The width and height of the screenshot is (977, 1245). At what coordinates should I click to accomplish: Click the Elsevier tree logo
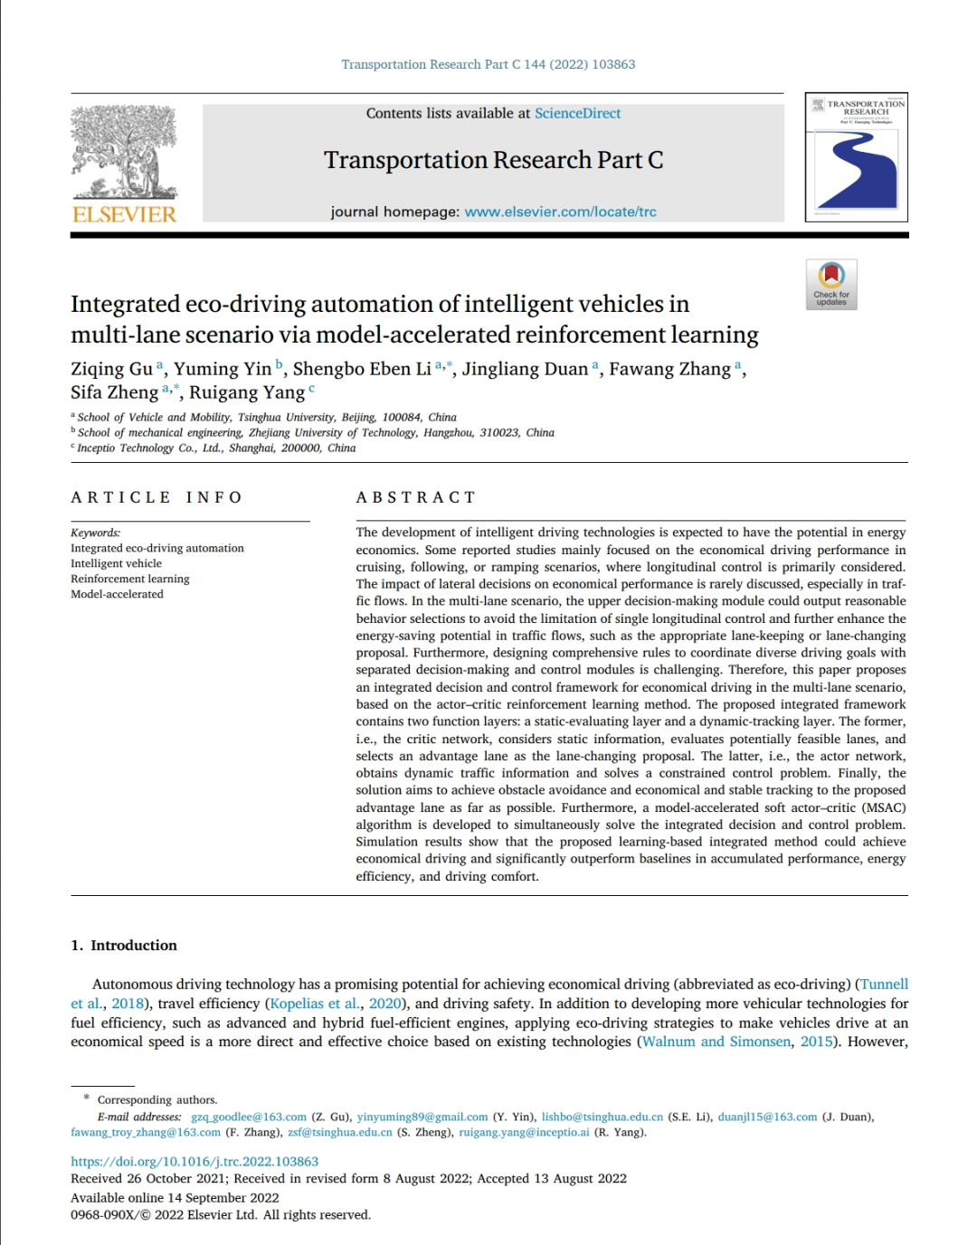coord(124,152)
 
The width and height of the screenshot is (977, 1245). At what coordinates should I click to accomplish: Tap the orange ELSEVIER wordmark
coord(124,214)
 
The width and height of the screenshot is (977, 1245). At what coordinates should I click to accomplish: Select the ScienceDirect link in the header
coord(577,113)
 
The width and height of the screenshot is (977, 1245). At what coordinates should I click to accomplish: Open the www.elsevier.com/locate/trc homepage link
coord(560,212)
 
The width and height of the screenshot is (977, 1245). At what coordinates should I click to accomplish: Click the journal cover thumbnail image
coord(856,157)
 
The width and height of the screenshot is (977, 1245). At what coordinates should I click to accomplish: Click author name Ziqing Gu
coord(111,369)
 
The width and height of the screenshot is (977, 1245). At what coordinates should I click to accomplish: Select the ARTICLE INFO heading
coord(157,497)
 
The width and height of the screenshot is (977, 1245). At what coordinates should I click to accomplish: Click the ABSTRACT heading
coord(415,497)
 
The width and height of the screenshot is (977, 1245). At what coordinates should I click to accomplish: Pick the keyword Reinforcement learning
coord(130,579)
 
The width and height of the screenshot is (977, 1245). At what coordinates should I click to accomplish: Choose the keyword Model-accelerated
coord(117,594)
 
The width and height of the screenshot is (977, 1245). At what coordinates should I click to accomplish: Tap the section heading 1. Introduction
coord(124,945)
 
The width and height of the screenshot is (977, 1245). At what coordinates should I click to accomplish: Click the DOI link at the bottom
coord(194,1161)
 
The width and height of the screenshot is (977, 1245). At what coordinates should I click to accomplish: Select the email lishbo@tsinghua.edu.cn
coord(602,1117)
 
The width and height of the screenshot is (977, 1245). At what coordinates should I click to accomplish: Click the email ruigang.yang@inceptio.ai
coord(524,1132)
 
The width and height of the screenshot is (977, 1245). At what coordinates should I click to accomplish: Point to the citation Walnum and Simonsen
coord(716,1042)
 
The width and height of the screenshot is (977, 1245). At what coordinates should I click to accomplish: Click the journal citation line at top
coord(488,64)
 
